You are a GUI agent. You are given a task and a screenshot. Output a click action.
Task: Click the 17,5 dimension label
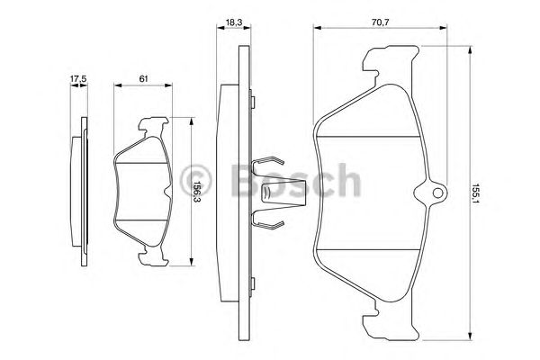[x=78, y=79]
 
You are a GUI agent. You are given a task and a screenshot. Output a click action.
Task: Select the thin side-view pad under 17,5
[x=82, y=192]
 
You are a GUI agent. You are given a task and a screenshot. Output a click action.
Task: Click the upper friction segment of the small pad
[x=144, y=154]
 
